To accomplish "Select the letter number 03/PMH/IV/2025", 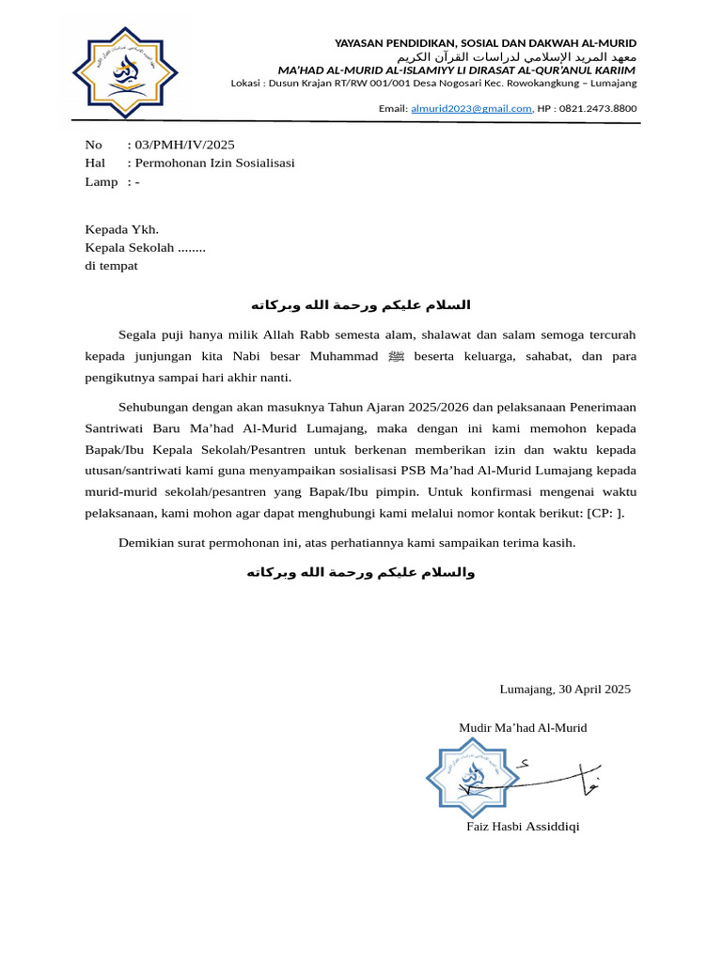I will [x=184, y=145].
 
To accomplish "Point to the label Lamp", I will [x=101, y=182].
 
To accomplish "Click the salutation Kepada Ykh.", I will [x=122, y=229].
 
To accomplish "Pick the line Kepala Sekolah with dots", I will [x=145, y=248].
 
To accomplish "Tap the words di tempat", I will [x=111, y=266].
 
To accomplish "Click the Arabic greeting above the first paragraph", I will [x=360, y=305].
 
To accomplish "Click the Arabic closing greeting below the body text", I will [x=360, y=573].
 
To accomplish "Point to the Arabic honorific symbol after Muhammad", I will [x=396, y=357].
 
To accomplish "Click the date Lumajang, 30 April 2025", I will [x=565, y=690].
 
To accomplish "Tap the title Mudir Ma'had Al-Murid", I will [x=523, y=728].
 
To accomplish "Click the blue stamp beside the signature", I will [x=473, y=777].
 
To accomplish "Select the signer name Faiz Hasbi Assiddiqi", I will [x=523, y=827].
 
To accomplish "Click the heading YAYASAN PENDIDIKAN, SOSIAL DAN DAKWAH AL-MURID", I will [x=485, y=43].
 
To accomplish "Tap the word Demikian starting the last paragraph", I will [x=147, y=543].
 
